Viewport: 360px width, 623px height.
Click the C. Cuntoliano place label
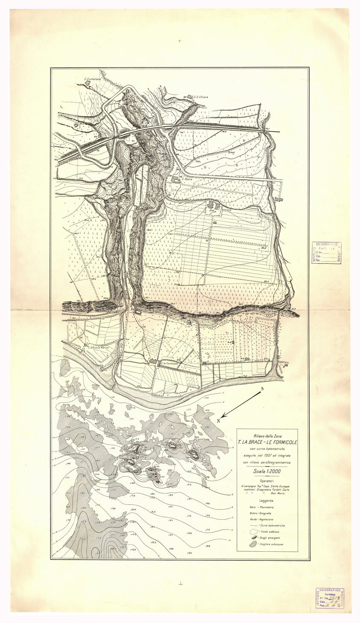click(92, 79)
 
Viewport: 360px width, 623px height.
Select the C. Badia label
click(187, 179)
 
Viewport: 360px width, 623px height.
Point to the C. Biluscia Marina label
click(99, 347)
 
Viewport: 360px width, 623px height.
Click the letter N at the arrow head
click(218, 421)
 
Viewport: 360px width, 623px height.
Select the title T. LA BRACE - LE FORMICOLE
click(267, 442)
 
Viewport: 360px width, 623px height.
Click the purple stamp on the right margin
click(327, 253)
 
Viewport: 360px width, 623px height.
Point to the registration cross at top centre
click(180, 41)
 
